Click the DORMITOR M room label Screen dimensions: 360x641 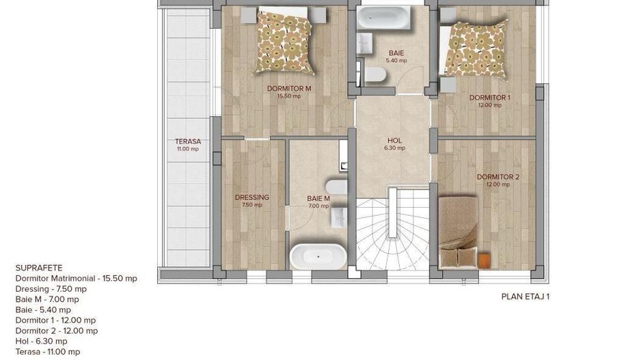pyautogui.click(x=289, y=88)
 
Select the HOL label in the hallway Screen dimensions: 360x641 pyautogui.click(x=393, y=141)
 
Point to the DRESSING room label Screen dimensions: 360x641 pyautogui.click(x=251, y=197)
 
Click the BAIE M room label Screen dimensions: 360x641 pyautogui.click(x=318, y=199)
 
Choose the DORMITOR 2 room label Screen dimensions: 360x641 pyautogui.click(x=498, y=177)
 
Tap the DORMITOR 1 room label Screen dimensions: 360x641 pyautogui.click(x=489, y=98)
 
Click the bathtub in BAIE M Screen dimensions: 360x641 pyautogui.click(x=318, y=257)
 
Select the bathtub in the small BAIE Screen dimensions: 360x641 pyautogui.click(x=384, y=18)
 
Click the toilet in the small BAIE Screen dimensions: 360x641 pyautogui.click(x=375, y=74)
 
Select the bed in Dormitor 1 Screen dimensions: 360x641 pyautogui.click(x=474, y=48)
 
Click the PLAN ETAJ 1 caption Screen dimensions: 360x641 pyautogui.click(x=526, y=297)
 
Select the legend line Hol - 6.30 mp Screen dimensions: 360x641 pyautogui.click(x=41, y=341)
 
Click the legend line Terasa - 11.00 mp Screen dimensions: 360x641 pyautogui.click(x=47, y=352)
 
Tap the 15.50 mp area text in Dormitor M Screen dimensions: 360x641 pyautogui.click(x=288, y=96)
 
